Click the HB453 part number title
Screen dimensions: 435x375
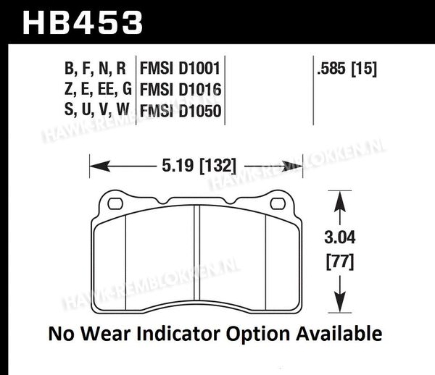(83, 22)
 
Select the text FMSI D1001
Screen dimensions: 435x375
(180, 68)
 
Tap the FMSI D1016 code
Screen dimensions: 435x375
(181, 90)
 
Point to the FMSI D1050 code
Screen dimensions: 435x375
(181, 111)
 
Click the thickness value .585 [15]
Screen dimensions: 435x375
(347, 68)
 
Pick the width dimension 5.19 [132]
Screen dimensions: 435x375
(199, 167)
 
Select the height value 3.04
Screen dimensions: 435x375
(340, 237)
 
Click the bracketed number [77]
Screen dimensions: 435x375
(340, 261)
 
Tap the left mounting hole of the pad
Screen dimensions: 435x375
(115, 203)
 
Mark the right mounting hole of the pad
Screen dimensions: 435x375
(278, 203)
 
